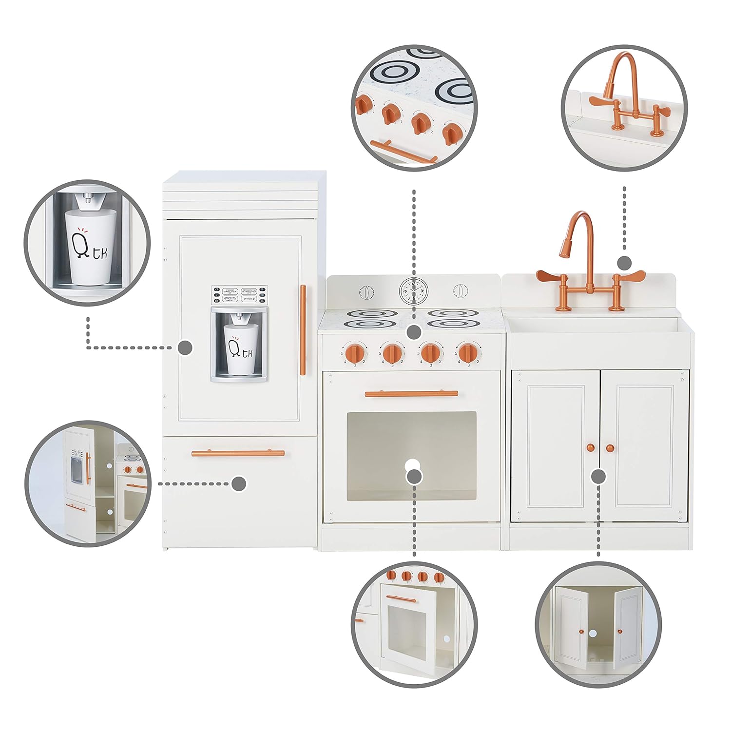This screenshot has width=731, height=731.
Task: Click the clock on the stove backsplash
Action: tap(412, 291)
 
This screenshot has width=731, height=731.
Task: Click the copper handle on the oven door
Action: tap(411, 393)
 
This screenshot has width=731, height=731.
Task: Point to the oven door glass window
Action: tap(411, 456)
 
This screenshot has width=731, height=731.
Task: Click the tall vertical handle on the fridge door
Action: tap(303, 330)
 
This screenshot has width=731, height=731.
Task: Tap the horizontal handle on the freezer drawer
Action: tap(238, 453)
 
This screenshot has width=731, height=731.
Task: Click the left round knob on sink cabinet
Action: tap(591, 447)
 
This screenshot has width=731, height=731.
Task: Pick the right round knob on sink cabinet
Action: tap(610, 447)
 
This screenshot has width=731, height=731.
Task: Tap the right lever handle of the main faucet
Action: tap(630, 276)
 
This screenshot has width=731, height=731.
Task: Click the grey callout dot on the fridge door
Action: tap(185, 347)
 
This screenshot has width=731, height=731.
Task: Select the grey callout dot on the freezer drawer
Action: tap(239, 483)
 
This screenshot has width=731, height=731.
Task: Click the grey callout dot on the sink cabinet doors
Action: tap(598, 476)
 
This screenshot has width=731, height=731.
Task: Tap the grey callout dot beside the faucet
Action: tap(624, 263)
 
